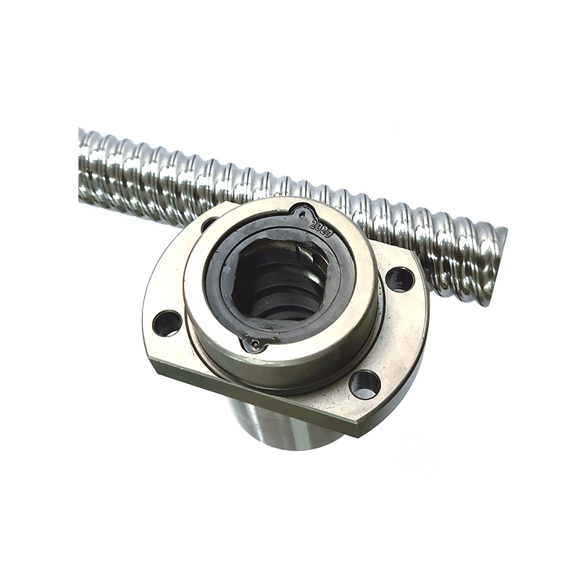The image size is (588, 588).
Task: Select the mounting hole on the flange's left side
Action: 166,322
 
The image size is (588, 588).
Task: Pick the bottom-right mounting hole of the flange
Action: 365,384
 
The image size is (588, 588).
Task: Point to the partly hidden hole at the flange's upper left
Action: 209,224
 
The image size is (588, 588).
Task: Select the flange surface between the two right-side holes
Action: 392,333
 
